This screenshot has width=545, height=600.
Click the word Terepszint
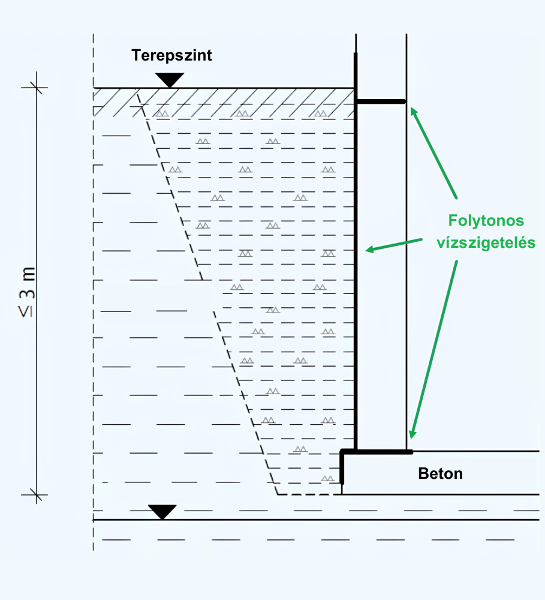172,56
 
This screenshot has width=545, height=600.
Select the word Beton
441,473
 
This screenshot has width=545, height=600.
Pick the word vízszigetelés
486,244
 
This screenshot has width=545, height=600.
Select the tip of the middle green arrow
366,250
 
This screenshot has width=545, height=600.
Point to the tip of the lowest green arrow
411,439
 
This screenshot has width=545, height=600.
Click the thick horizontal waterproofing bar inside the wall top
381,102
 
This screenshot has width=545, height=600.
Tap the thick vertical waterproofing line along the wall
356,270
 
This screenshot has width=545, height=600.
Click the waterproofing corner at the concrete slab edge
342,452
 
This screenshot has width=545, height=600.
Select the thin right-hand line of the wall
407,270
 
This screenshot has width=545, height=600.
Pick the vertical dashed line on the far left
94,300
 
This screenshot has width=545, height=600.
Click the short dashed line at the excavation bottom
300,494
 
